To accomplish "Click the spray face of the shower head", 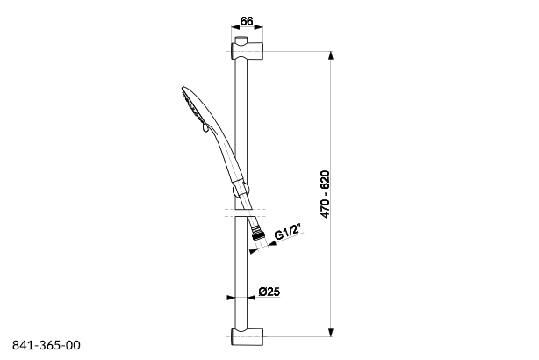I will point(191,107).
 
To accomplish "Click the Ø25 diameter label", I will point(270,292).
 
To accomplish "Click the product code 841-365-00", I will point(47,345).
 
